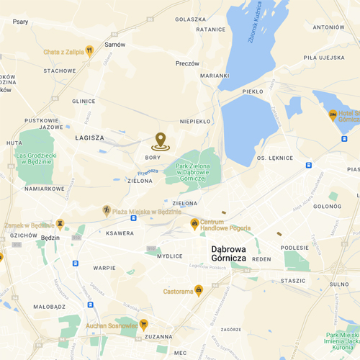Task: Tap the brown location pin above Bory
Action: pyautogui.click(x=160, y=141)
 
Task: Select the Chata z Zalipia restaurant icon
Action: pyautogui.click(x=89, y=50)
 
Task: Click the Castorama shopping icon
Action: pyautogui.click(x=199, y=290)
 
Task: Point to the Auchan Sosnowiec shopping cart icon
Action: pyautogui.click(x=144, y=325)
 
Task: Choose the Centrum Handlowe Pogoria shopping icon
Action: pyautogui.click(x=194, y=224)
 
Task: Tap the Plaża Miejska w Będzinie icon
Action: pyautogui.click(x=107, y=210)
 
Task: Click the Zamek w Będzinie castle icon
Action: pyautogui.click(x=60, y=225)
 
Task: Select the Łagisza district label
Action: pyautogui.click(x=89, y=137)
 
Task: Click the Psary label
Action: pyautogui.click(x=20, y=22)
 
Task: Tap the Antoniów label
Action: pyautogui.click(x=330, y=27)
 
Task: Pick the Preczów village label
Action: pyautogui.click(x=187, y=63)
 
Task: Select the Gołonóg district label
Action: pyautogui.click(x=326, y=207)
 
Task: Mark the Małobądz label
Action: pyautogui.click(x=49, y=307)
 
